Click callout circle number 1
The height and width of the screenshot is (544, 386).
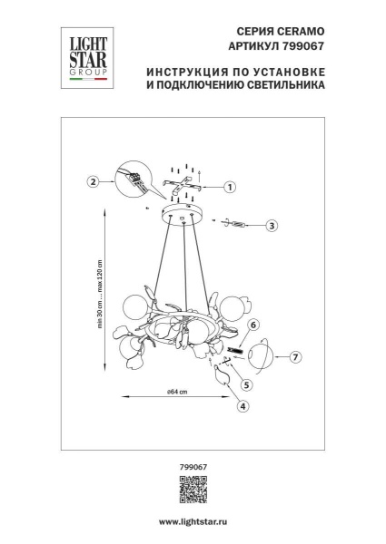point(230,188)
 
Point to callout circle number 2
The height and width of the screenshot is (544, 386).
point(92,181)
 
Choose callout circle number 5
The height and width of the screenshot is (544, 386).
point(245,384)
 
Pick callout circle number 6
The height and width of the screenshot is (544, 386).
point(254,324)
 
